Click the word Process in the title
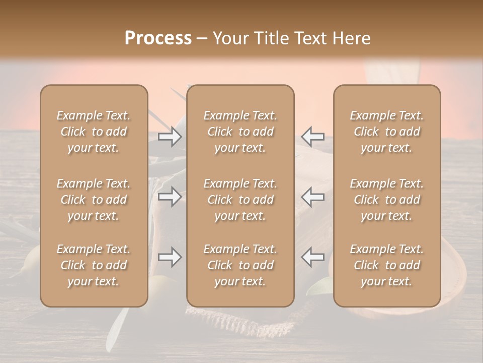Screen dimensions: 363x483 pos(158,38)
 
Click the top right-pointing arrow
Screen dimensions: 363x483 pos(170,137)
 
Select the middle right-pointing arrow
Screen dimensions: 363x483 pos(170,197)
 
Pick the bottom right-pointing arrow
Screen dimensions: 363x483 pos(170,258)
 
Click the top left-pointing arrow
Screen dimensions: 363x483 pos(312,137)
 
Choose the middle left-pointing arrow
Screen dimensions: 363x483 pos(312,197)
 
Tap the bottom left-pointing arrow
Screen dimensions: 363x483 pos(312,258)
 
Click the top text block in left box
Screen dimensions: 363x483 pos(94,132)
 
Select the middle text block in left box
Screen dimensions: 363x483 pos(94,200)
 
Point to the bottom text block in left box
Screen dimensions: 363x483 pos(94,265)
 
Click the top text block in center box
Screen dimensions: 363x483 pos(240,132)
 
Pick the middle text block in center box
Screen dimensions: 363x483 pos(240,200)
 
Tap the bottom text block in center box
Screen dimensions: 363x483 pos(240,265)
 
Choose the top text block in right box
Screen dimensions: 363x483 pos(387,132)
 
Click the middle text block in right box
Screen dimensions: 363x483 pos(387,200)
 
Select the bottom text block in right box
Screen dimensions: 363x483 pos(387,265)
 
